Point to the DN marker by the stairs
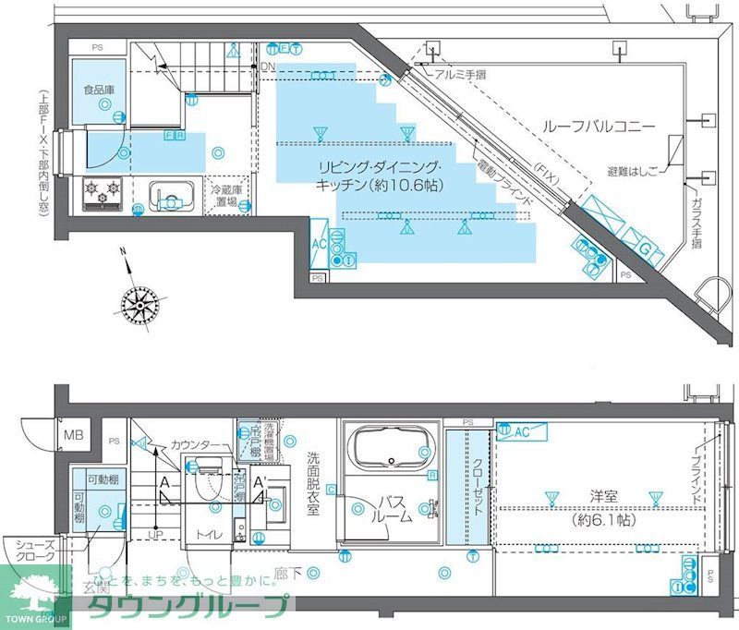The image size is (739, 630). (x=268, y=67)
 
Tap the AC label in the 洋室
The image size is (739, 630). (x=522, y=430)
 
